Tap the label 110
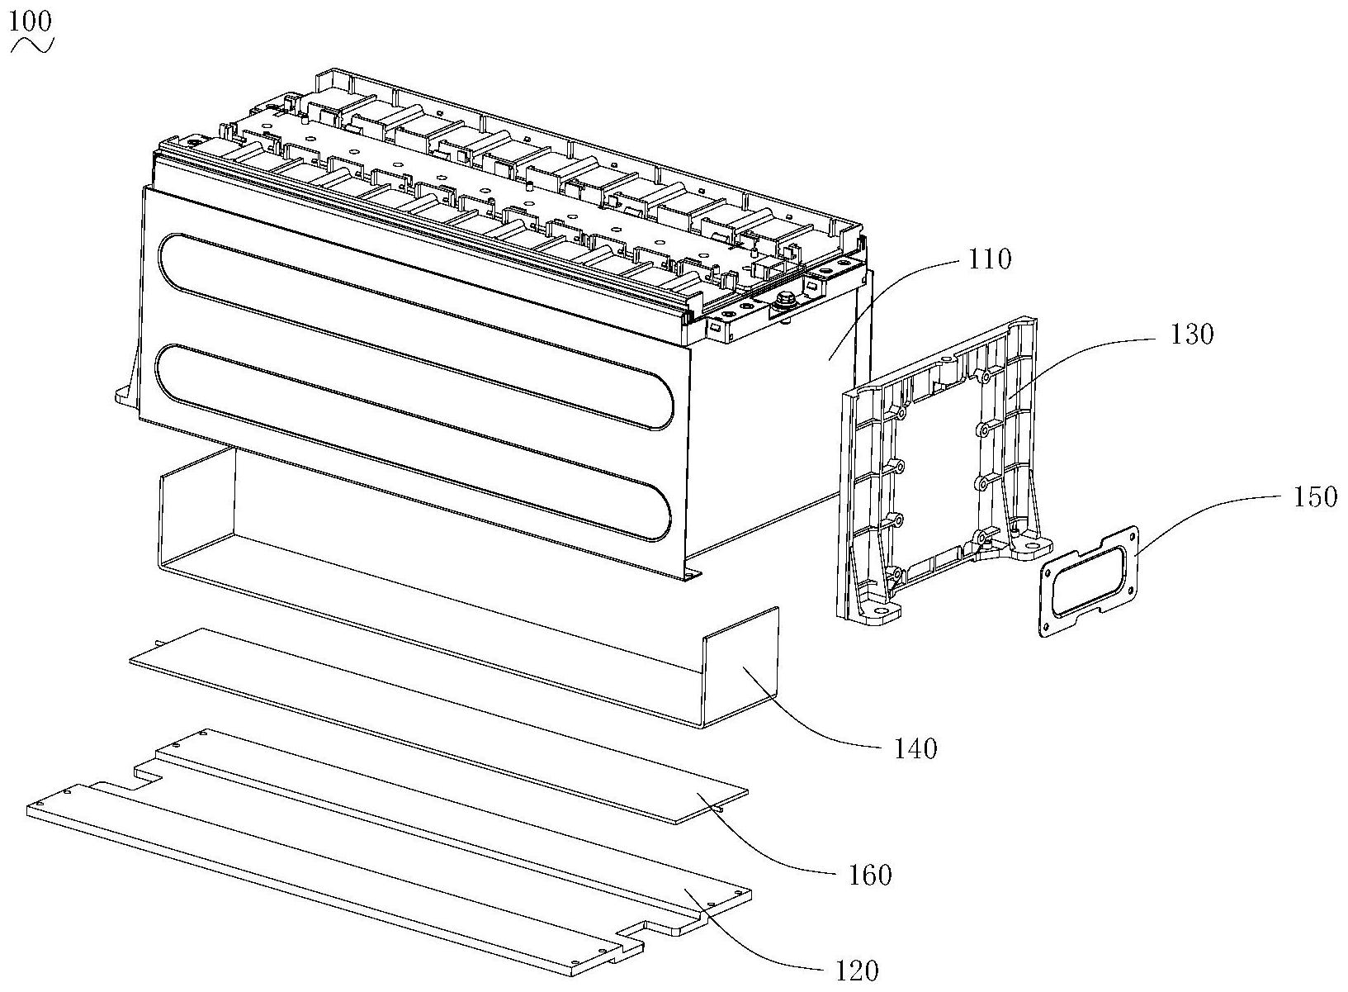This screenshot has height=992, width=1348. pos(991,259)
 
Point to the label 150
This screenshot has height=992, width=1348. pos(1313,497)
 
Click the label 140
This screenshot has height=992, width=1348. pos(915,748)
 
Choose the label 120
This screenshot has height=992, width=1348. pos(854,971)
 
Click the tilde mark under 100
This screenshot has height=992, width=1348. pos(31,45)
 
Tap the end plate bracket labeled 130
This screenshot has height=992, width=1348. pos(941,463)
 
